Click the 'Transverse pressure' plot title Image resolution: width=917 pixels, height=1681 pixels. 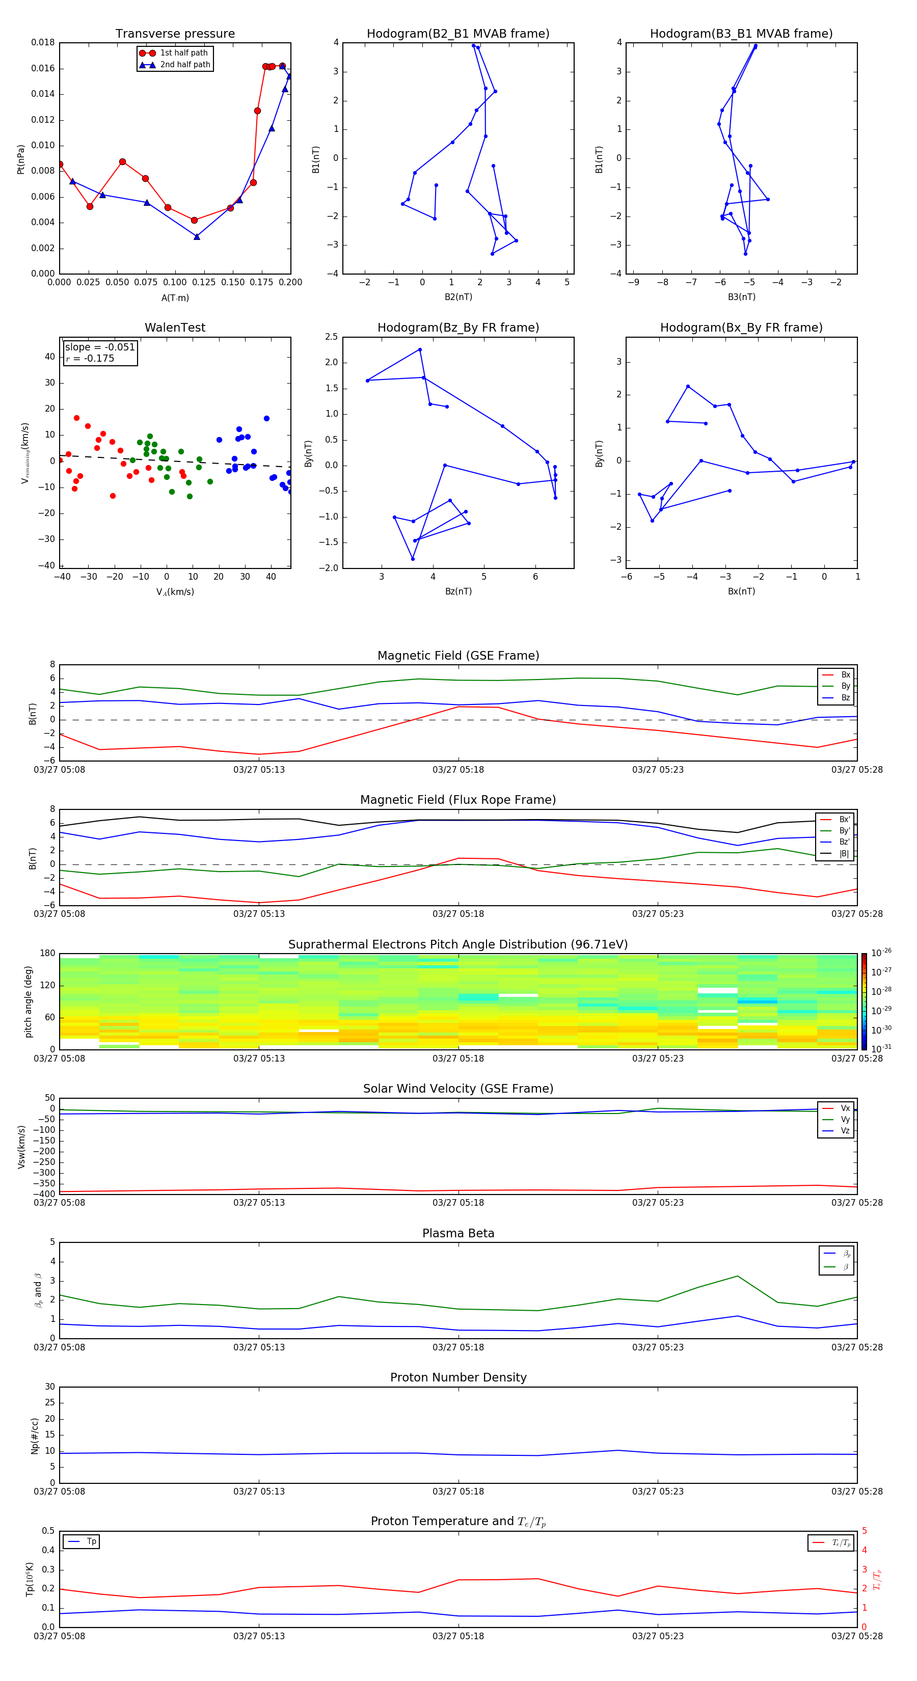pos(175,34)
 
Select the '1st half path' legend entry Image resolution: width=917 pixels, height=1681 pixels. pos(183,53)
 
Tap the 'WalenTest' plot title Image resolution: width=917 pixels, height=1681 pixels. pos(175,328)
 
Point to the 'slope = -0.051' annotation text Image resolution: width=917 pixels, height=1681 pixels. pos(100,347)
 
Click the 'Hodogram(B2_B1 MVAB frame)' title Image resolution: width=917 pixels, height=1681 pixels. pos(457,34)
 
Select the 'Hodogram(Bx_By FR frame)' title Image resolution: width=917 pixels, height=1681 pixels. pos(741,328)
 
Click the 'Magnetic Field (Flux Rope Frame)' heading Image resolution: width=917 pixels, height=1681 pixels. pos(457,800)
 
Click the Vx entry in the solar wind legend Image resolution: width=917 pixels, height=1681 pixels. pos(845,1108)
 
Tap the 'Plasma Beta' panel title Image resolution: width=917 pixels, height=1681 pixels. pos(457,1233)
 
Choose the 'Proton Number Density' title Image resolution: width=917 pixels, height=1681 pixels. pos(457,1377)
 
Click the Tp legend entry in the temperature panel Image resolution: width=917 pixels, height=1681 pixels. pos(91,1541)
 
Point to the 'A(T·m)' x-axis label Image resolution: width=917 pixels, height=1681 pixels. pos(175,298)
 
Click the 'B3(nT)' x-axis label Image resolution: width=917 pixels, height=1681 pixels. pos(741,297)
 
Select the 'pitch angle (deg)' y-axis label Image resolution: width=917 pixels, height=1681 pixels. pos(28,1001)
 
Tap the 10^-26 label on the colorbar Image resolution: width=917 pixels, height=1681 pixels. pos(880,953)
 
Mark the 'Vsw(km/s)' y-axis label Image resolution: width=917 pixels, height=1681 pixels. pos(21,1147)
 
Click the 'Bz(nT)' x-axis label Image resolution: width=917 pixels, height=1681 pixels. pos(458,591)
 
